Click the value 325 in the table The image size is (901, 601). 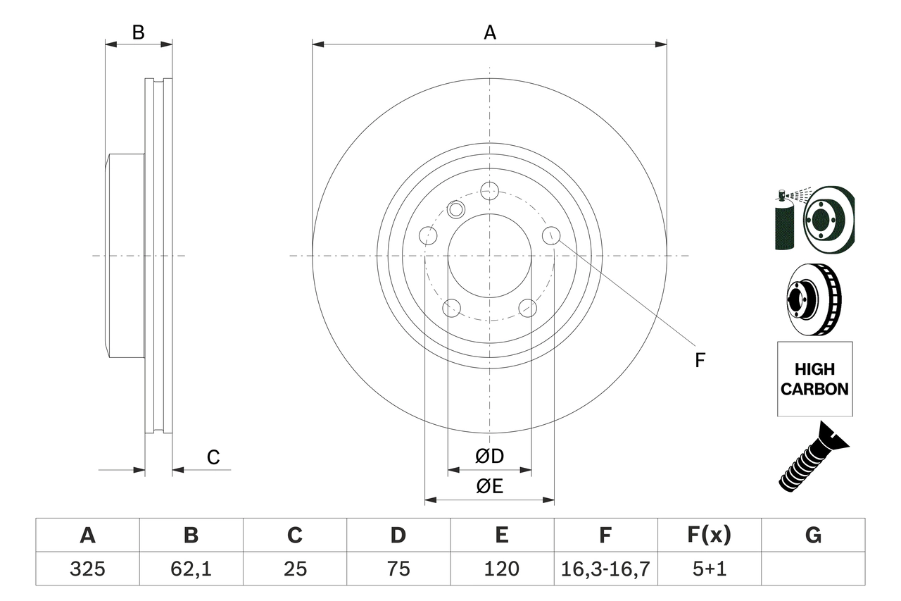[x=87, y=569]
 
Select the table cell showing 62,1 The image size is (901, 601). [x=191, y=569]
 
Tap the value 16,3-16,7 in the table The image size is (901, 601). [x=605, y=569]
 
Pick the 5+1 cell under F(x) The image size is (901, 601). [x=709, y=569]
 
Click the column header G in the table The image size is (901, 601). [x=813, y=535]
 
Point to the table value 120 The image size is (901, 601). [x=502, y=569]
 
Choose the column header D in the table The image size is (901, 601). [x=398, y=535]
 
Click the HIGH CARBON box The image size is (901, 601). [x=814, y=379]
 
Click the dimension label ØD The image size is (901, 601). [x=490, y=456]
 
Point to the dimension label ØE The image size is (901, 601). [x=490, y=486]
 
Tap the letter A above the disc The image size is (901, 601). [x=490, y=32]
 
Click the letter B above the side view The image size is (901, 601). [x=139, y=32]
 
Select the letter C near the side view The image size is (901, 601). [x=213, y=457]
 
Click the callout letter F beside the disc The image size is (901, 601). [x=700, y=361]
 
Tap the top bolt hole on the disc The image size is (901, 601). [x=489, y=190]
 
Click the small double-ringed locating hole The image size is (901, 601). [x=456, y=209]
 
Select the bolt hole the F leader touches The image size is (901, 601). [x=551, y=235]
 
